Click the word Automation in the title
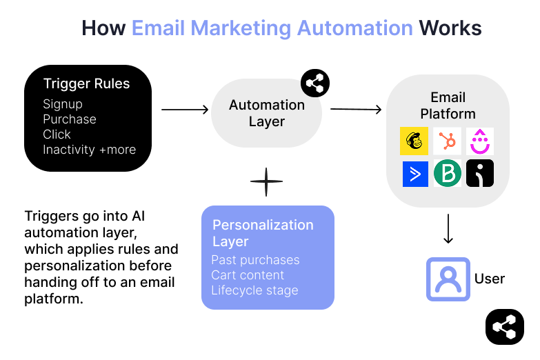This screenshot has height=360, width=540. [x=355, y=28]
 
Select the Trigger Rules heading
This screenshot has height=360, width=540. [x=86, y=84]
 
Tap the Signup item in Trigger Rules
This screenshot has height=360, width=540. [x=63, y=104]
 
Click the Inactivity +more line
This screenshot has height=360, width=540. [x=89, y=150]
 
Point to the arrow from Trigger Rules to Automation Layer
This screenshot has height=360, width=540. [x=185, y=109]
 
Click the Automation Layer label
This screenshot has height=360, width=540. [x=267, y=113]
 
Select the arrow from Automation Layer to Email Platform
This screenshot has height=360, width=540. [x=356, y=109]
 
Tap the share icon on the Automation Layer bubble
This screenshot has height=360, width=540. [x=315, y=84]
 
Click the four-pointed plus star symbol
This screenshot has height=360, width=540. [x=266, y=182]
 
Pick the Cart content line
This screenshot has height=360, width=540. [x=248, y=275]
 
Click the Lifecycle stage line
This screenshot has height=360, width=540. [x=254, y=290]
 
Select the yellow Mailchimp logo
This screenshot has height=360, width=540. [x=414, y=141]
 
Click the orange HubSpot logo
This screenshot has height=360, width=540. [x=447, y=141]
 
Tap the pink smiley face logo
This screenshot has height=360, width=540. [x=479, y=141]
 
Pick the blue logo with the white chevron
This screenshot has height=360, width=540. [x=415, y=174]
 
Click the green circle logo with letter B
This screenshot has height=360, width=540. [x=447, y=174]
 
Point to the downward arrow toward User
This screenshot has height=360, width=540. [x=448, y=229]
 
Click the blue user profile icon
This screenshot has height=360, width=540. [x=448, y=279]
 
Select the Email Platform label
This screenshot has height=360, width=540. [x=448, y=106]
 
